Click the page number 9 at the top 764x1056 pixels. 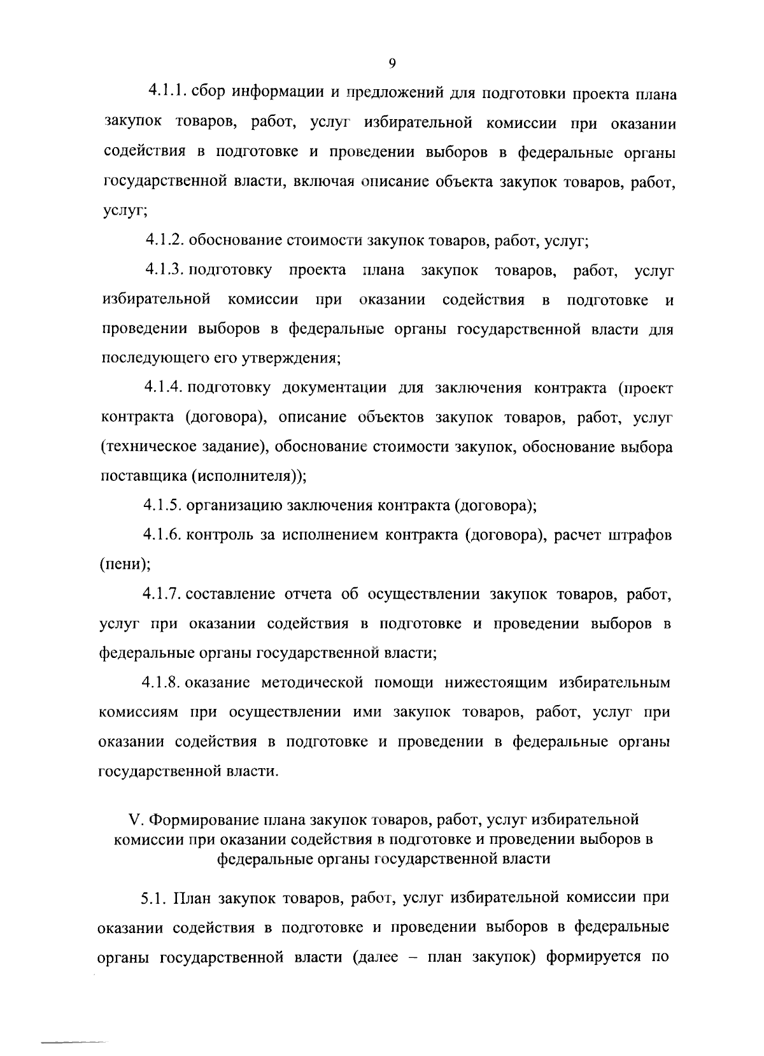(392, 62)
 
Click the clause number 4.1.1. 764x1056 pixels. (166, 92)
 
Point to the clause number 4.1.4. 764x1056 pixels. (164, 387)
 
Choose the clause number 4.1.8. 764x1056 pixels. (163, 683)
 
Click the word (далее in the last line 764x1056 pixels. (376, 957)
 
